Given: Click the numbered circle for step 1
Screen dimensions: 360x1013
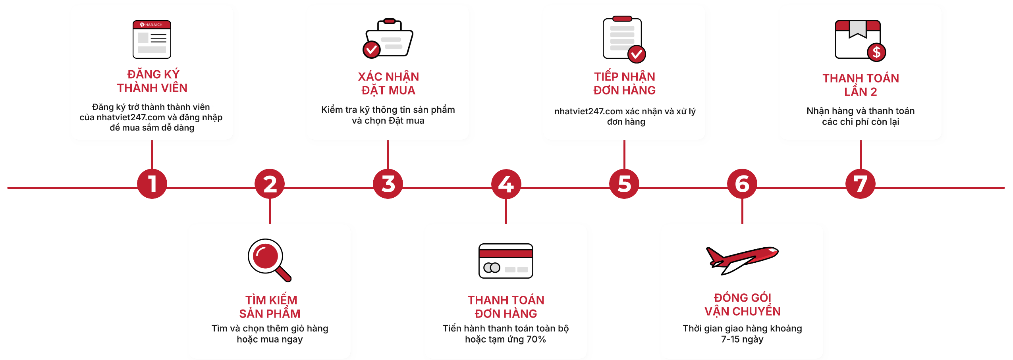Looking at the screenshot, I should coord(152,184).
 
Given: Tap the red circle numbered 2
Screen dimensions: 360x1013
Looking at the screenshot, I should coord(270,184).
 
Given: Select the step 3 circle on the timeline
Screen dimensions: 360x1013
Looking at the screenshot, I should coord(388,184).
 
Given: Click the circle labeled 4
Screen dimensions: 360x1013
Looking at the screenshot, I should coord(506,184).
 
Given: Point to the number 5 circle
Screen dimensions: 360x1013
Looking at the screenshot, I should coord(624,184).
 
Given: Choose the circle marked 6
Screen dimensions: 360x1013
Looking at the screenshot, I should coord(742,184).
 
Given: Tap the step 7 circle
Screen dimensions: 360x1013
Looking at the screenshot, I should coord(861,184).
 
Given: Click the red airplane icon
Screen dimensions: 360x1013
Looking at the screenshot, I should coord(741,260).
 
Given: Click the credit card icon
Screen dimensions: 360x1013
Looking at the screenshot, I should coord(506,261).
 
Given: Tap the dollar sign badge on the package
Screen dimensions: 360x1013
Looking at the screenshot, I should coord(876,52).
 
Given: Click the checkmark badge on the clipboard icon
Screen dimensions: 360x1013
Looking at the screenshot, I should coord(637,54).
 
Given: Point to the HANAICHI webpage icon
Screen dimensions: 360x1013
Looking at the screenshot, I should coord(152,39).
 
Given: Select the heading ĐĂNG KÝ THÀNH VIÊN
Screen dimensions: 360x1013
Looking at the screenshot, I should coord(152,81).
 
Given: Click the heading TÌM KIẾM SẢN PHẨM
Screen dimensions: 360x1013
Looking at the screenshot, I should coord(270,306).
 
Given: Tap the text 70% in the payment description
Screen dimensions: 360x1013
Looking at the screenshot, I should coord(536,339).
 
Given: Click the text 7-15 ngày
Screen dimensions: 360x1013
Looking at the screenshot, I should coord(742,339).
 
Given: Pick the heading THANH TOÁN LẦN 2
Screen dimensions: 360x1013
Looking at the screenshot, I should coord(861,85).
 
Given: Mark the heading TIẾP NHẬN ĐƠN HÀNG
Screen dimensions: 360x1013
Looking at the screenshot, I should coord(624,83).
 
